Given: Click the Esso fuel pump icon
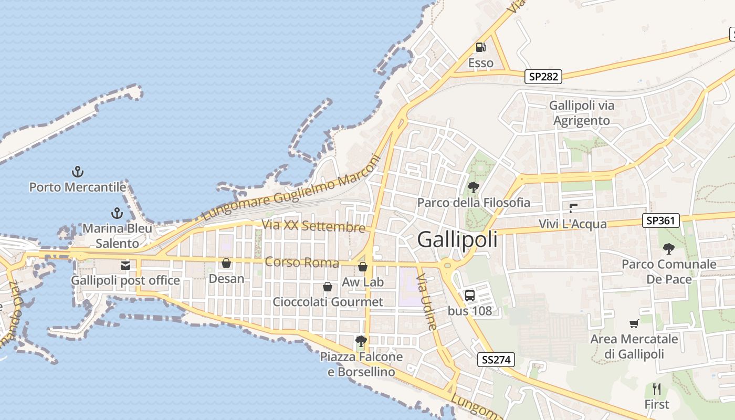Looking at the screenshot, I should [480, 47].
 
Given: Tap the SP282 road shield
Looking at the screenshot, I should [543, 77].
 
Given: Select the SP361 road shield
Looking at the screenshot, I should [661, 220].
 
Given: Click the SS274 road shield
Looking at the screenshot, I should [496, 360].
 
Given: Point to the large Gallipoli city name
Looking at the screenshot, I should [457, 240].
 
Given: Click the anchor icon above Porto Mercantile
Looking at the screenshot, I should [78, 172].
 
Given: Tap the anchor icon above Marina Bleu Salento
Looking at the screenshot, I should [117, 213].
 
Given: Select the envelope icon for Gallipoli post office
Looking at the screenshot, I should [125, 266].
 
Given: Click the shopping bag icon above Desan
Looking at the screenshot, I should [226, 263].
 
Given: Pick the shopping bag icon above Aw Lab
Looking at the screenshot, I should [362, 267].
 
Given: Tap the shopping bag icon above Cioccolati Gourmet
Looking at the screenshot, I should [328, 287].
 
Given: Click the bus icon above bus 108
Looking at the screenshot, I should [469, 295].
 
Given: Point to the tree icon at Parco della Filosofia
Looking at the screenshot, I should [473, 186].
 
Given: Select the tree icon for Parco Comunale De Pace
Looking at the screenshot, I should [668, 248].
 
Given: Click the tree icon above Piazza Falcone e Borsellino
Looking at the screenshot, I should [361, 341].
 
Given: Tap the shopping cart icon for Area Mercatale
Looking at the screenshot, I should [634, 324].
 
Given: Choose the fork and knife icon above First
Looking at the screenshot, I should [656, 389].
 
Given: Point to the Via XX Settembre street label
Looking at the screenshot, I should [313, 226].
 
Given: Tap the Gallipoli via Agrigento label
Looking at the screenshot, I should [582, 113].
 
